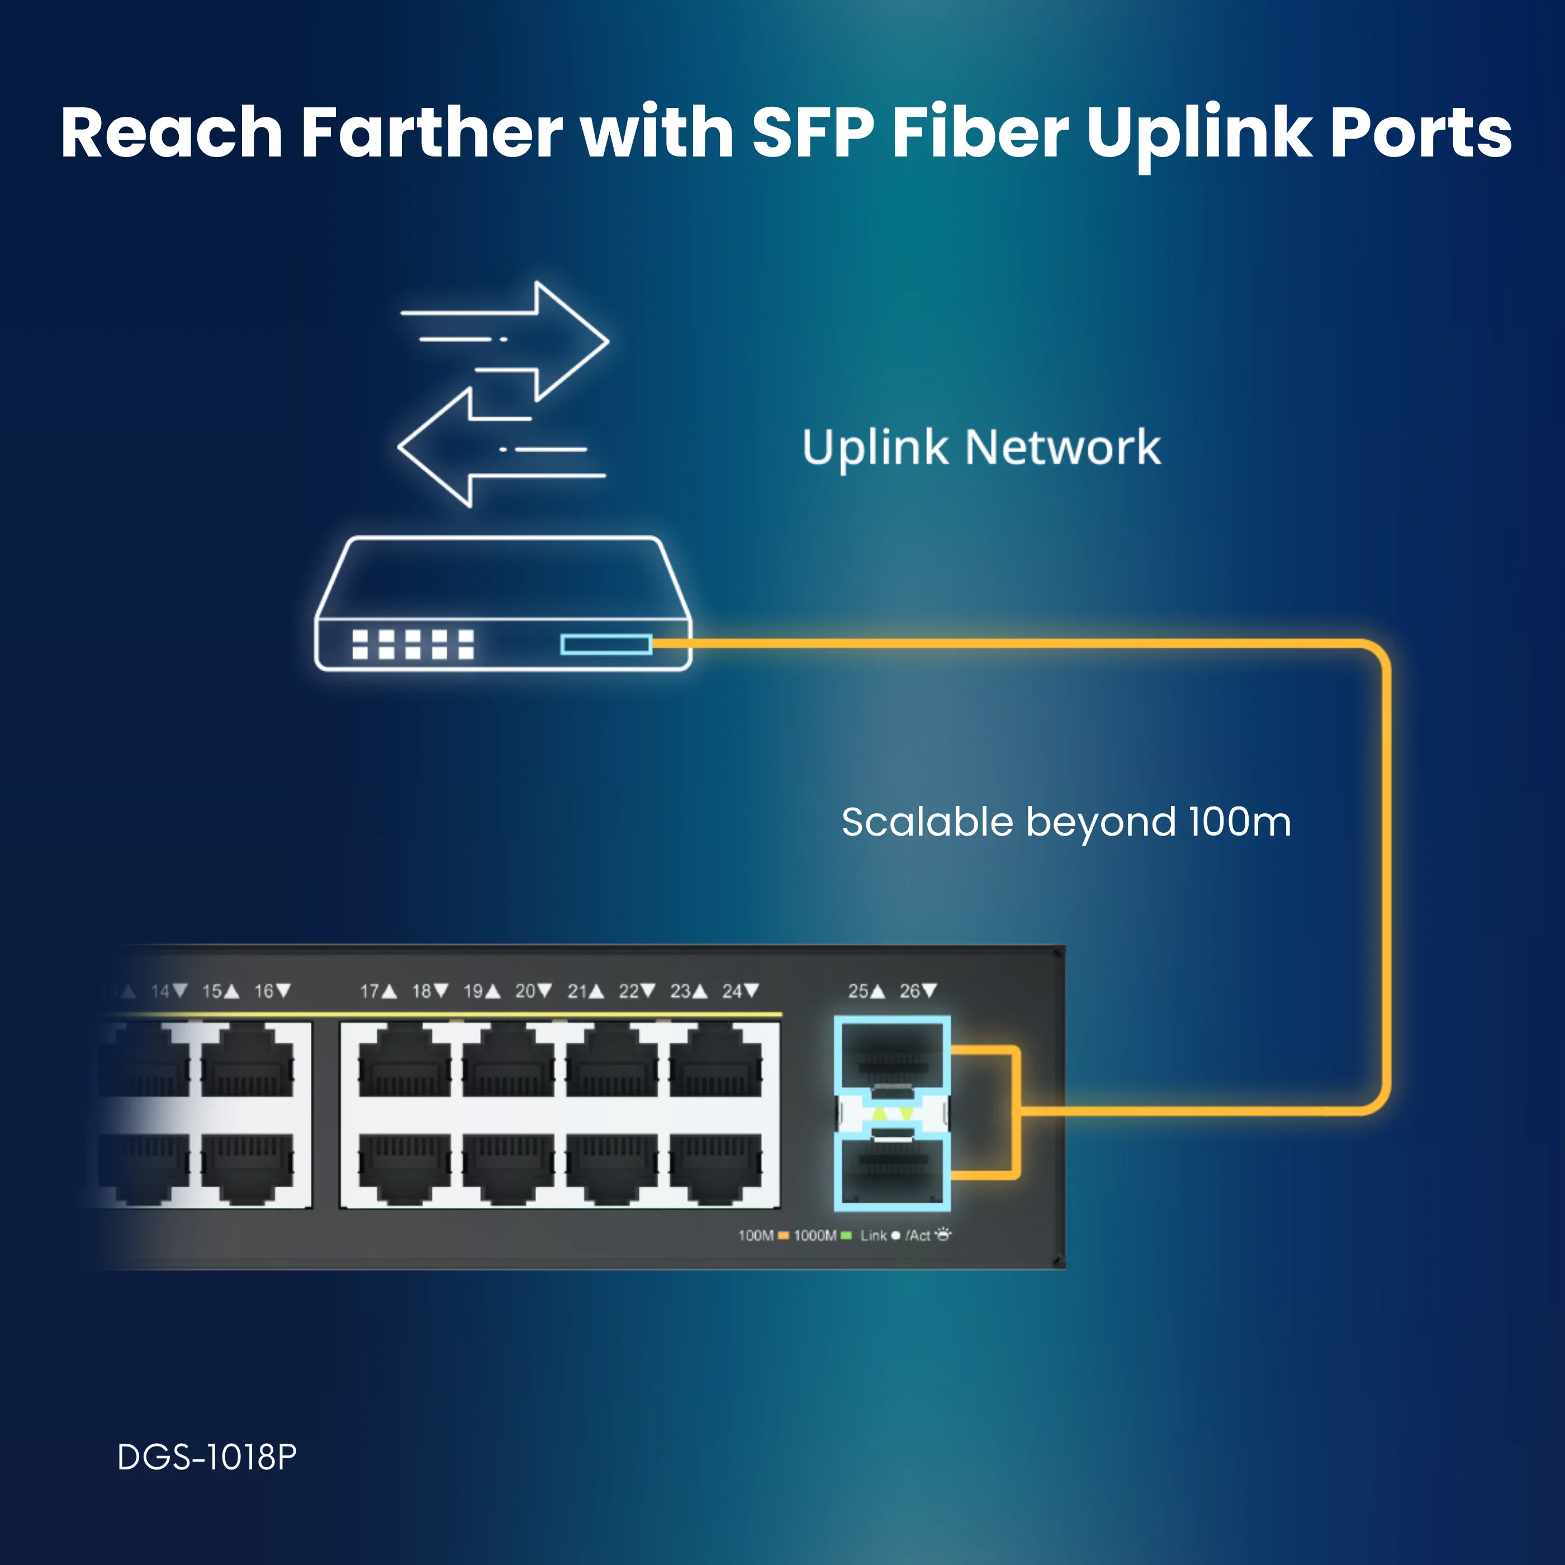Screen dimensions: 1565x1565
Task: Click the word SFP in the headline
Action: click(x=813, y=131)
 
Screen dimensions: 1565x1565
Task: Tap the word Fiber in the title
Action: click(x=980, y=131)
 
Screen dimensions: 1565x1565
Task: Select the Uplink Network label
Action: click(x=981, y=448)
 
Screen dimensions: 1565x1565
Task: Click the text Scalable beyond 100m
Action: click(x=1066, y=823)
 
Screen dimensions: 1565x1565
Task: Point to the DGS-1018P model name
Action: click(x=207, y=1457)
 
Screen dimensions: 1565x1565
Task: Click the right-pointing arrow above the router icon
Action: click(x=505, y=340)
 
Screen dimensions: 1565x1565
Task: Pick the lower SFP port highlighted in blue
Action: click(x=892, y=1172)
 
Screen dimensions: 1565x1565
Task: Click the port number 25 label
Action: click(x=858, y=990)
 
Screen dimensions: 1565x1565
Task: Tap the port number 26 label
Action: click(x=910, y=990)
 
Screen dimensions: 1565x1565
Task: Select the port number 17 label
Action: click(x=369, y=990)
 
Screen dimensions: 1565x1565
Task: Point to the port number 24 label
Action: click(x=732, y=990)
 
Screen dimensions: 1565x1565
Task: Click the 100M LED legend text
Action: click(x=756, y=1235)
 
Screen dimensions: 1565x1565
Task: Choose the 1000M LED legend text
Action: click(x=815, y=1235)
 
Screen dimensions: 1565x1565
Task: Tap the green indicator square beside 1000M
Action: click(x=846, y=1235)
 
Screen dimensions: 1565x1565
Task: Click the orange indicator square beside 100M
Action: click(x=783, y=1235)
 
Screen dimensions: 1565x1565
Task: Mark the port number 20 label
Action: click(x=525, y=990)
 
